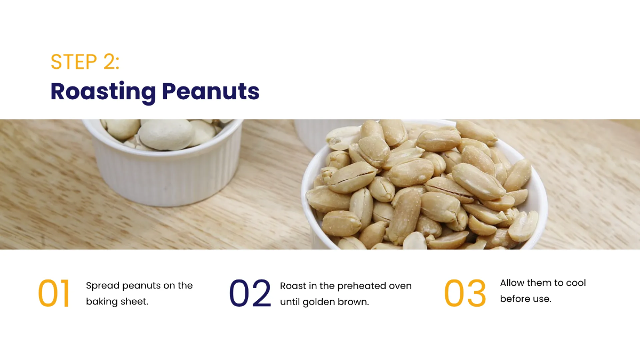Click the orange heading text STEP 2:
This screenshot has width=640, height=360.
coord(85,62)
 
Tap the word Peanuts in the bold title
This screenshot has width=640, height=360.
coord(211,91)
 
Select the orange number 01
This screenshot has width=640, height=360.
coord(54,293)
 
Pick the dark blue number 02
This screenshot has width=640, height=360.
coord(250,293)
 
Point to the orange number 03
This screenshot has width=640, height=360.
coord(465,293)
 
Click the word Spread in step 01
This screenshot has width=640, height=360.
coord(102,286)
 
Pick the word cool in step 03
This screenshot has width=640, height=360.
coord(576,283)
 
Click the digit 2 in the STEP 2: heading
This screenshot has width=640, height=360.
coord(109,62)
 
